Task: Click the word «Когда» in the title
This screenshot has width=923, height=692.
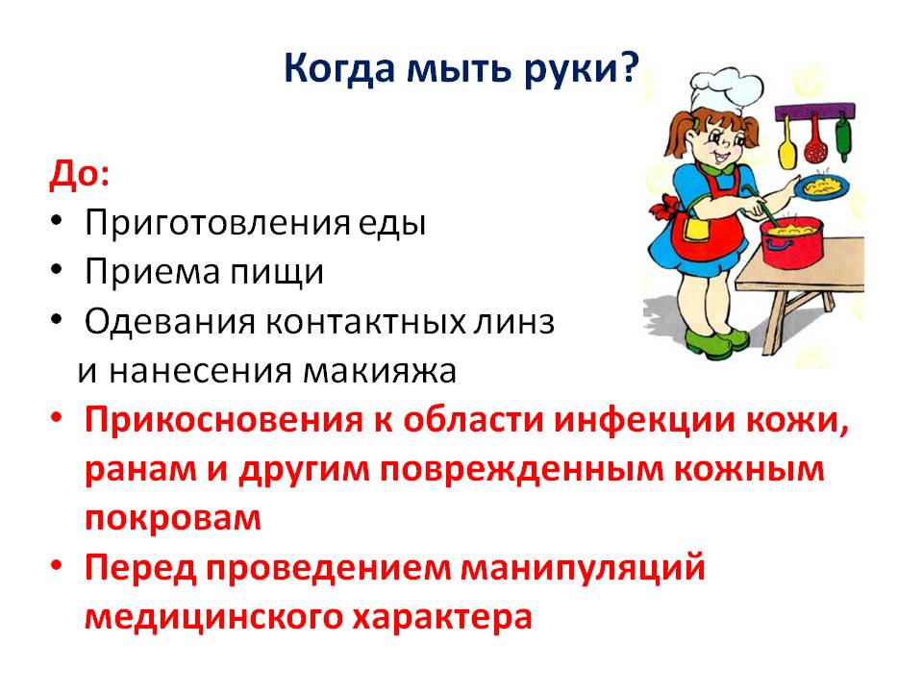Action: pyautogui.click(x=339, y=70)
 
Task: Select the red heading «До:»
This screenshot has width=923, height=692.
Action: pyautogui.click(x=79, y=175)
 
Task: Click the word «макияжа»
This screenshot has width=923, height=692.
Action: pyautogui.click(x=380, y=371)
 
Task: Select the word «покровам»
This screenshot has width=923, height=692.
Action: pyautogui.click(x=173, y=519)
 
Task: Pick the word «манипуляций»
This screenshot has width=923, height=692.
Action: pyautogui.click(x=583, y=568)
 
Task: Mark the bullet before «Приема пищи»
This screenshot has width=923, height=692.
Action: pyautogui.click(x=57, y=270)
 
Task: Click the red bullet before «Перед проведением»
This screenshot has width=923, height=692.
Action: pyautogui.click(x=57, y=565)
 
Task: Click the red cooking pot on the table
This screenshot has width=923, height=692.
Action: pyautogui.click(x=791, y=242)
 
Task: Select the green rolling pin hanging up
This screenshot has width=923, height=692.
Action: pyautogui.click(x=843, y=138)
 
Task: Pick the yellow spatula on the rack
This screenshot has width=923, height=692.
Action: pyautogui.click(x=787, y=144)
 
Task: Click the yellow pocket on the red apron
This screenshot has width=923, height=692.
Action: pyautogui.click(x=697, y=229)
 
